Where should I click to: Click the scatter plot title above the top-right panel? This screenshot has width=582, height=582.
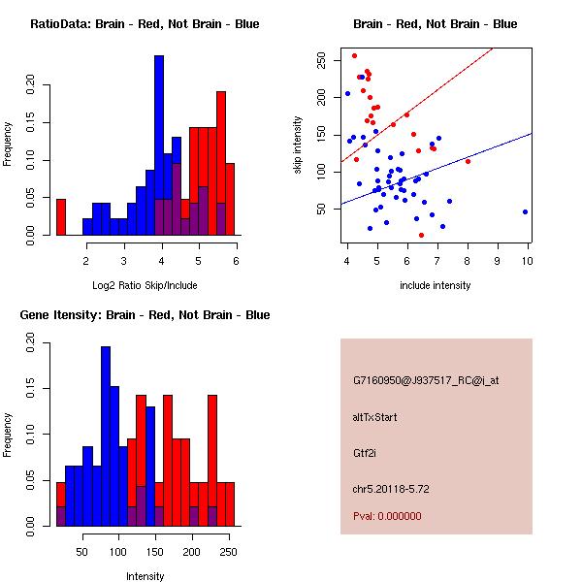435,24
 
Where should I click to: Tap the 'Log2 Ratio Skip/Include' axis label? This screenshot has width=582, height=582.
145,285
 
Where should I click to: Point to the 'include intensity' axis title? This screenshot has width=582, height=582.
435,285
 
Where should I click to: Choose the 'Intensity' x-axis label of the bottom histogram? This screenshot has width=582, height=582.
145,576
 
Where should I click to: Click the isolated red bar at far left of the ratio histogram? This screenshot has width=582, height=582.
61,216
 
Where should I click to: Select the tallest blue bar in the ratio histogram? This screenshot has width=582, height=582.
159,145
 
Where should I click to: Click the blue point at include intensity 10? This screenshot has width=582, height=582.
525,211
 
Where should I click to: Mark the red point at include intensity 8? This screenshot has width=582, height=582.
468,161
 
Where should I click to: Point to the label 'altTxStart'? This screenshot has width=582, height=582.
375,417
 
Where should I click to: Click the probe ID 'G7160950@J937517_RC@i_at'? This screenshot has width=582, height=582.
425,381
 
